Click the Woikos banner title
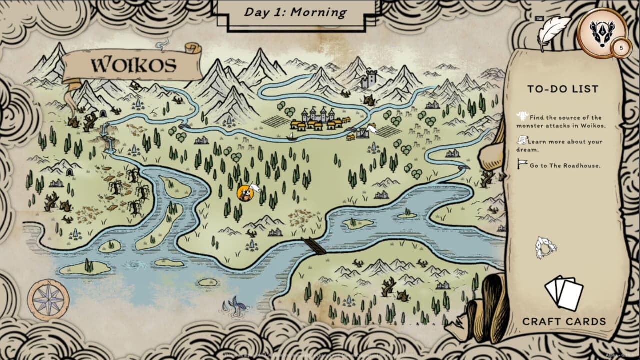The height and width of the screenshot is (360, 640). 133,65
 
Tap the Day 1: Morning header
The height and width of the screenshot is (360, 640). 295,12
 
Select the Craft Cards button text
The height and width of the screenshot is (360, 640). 564,321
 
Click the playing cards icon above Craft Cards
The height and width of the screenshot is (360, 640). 564,293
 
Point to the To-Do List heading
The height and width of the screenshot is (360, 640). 563,89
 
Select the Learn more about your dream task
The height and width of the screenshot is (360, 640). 559,145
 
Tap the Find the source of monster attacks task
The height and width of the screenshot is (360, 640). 560,121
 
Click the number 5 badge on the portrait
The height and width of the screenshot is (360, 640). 621,48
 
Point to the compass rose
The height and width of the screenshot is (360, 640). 48,300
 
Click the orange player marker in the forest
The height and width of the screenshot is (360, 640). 245,193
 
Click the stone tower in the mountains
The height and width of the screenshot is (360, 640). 371,79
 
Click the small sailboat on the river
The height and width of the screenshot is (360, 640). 292,136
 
